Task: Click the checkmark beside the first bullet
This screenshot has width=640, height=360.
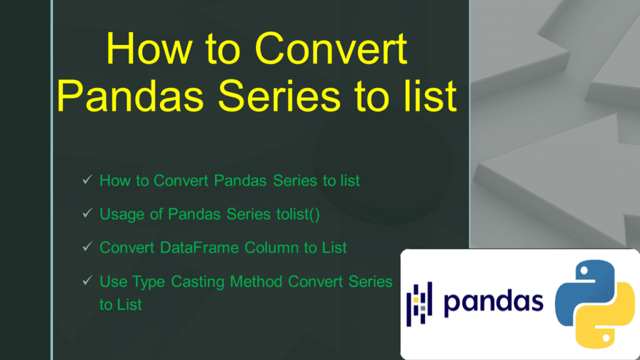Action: [x=87, y=181]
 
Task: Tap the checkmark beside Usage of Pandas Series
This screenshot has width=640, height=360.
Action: [x=87, y=214]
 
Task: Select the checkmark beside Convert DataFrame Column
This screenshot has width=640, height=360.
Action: [x=87, y=247]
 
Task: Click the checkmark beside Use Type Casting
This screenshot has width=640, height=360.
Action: [x=87, y=281]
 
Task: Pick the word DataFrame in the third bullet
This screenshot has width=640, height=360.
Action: [x=197, y=247]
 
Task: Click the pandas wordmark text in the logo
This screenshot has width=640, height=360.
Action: [x=493, y=302]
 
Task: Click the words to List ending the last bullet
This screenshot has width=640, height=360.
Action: [x=121, y=305]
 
